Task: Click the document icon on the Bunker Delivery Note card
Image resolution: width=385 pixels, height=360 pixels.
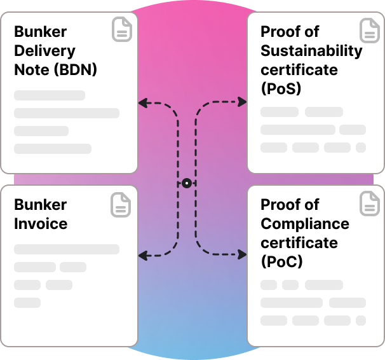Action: pos(122,30)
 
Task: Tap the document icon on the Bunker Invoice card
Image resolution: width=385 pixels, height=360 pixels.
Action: pos(122,204)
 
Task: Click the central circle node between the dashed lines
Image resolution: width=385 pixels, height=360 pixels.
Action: pos(186,183)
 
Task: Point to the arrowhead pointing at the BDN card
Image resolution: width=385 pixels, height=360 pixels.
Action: pos(142,102)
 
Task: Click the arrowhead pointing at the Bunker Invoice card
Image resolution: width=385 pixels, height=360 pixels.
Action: pos(142,255)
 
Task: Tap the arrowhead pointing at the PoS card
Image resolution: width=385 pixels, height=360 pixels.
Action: pos(243,102)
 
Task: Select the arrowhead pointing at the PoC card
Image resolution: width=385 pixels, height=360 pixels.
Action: pos(243,255)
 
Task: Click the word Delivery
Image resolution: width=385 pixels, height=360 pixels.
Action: pos(44,51)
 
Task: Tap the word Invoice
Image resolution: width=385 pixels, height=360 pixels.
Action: pos(41,224)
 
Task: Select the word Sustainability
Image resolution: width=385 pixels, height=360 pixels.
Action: pos(311,51)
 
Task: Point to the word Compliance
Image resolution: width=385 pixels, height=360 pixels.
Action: pos(305,224)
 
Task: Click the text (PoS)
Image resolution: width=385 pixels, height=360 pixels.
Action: pos(281,89)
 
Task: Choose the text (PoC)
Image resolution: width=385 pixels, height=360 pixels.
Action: pos(281,262)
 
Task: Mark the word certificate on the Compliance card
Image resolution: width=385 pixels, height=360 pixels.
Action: pos(299,243)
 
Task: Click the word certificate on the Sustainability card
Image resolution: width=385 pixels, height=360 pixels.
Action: pos(299,70)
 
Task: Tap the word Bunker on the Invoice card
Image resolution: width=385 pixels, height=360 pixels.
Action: pos(40,205)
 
